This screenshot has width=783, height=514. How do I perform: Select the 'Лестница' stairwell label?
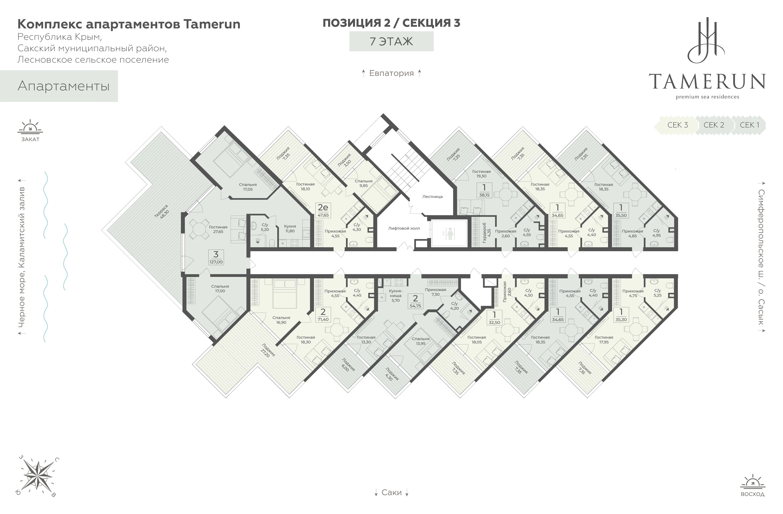432,196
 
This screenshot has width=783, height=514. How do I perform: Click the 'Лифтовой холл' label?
404,228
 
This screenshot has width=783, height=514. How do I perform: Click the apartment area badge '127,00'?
216,257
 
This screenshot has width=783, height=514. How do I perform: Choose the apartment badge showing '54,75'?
415,301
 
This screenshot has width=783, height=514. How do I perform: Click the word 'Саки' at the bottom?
391,492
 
